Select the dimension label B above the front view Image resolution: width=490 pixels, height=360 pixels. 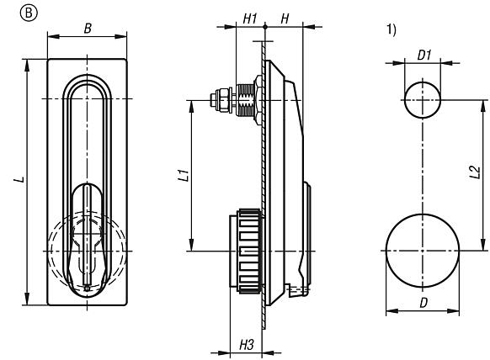click(x=88, y=27)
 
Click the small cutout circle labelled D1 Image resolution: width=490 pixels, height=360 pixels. click(x=423, y=100)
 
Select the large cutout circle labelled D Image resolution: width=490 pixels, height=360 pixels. click(x=423, y=250)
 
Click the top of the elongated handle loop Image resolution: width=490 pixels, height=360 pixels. click(x=87, y=81)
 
